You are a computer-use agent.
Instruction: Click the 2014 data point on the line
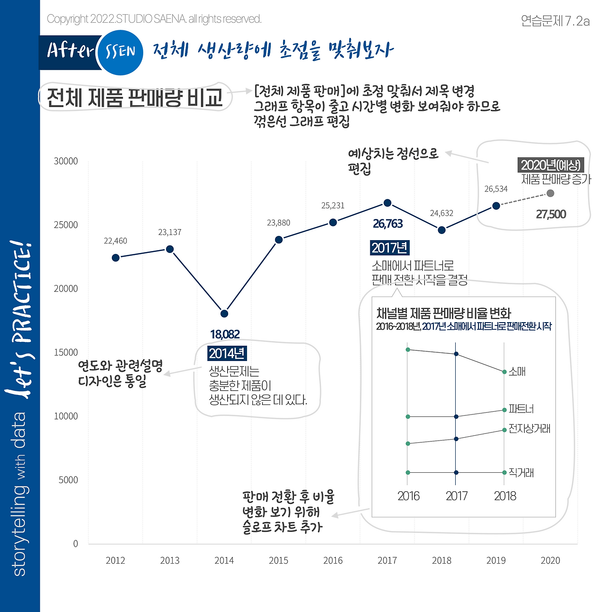(224, 314)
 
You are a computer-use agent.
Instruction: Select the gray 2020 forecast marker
(550, 193)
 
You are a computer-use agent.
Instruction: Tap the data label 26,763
(387, 224)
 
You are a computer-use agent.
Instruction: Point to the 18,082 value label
(225, 334)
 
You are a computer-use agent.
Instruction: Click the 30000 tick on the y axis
(66, 161)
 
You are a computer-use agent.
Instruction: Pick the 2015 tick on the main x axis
(278, 560)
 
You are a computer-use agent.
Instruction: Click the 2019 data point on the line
(496, 206)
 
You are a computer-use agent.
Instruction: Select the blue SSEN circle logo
(120, 52)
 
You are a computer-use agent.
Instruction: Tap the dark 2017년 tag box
(389, 248)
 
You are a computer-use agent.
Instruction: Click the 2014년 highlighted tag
(227, 353)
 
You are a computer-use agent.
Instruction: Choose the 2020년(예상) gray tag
(550, 165)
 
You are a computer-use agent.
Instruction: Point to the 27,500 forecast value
(551, 215)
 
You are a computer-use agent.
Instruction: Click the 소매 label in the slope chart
(517, 372)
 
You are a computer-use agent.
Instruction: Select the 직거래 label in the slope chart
(521, 472)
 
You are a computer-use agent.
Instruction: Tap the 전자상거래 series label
(529, 429)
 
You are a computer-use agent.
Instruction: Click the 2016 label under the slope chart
(408, 496)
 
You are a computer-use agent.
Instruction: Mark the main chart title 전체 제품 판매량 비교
(135, 98)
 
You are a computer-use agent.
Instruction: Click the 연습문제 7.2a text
(555, 21)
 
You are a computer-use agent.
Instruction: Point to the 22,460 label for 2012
(116, 241)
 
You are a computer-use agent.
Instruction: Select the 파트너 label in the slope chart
(521, 409)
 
